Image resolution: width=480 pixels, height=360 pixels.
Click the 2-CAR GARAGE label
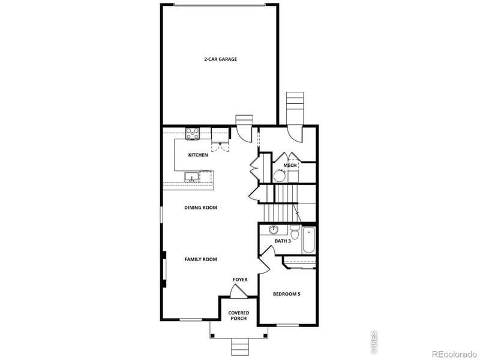220,59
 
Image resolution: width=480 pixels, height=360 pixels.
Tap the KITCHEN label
198,155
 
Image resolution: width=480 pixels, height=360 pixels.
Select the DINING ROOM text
200,208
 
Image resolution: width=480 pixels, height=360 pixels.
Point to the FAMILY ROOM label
200,259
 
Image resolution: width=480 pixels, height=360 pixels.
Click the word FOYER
240,280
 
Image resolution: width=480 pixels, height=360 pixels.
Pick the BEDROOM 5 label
287,294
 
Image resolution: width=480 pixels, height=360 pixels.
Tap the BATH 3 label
283,241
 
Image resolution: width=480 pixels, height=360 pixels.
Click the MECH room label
290,165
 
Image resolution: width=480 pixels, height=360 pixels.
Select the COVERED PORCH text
239,316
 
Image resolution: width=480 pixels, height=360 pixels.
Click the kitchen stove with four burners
193,134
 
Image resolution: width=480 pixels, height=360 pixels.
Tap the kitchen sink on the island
192,176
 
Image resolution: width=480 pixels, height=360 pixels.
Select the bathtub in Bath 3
310,239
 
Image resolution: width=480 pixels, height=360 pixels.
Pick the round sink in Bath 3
274,229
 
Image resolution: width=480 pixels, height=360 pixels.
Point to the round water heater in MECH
280,175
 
